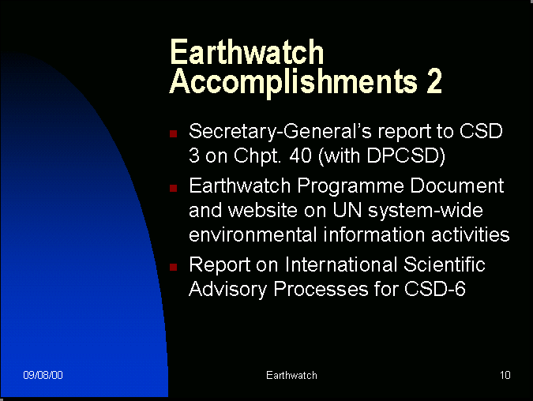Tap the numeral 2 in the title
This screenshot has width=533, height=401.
click(434, 81)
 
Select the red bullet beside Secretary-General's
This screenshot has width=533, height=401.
click(174, 133)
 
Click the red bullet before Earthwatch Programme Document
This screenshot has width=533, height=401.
click(174, 188)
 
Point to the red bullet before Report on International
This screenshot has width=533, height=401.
click(174, 267)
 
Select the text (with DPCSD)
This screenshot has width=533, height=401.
click(381, 156)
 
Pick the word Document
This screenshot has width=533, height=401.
click(457, 186)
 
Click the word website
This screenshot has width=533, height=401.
click(263, 210)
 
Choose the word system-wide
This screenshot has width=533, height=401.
click(426, 212)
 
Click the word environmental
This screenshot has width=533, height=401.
click(253, 234)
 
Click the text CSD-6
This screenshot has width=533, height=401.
click(435, 289)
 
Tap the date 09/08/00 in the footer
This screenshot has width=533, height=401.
click(43, 375)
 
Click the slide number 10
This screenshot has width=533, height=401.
click(505, 375)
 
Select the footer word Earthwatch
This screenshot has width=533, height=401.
click(291, 375)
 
